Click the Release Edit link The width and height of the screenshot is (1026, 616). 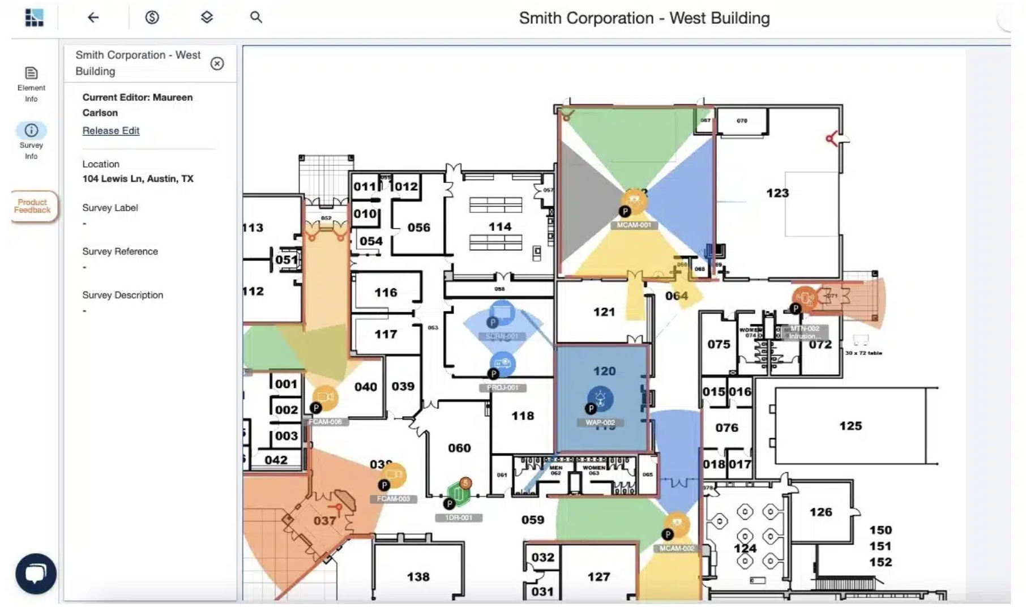pos(111,131)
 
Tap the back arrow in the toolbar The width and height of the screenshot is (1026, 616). pos(93,18)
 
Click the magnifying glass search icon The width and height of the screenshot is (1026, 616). pos(256,18)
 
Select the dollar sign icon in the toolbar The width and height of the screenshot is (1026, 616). pos(152,18)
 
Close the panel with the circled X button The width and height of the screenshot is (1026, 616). pos(217,63)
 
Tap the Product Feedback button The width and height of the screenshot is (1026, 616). pos(33,206)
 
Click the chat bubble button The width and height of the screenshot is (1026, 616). pos(36,573)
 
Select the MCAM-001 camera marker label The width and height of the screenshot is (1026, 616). pos(634,225)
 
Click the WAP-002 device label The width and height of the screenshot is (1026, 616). pos(600,423)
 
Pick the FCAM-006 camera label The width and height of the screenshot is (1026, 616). pos(325,422)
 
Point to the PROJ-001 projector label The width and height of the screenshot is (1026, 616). pos(503,388)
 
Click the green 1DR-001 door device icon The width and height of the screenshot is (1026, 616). pos(458,495)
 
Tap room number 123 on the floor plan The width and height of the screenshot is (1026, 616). pos(777,193)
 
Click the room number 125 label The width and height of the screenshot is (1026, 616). pos(850,426)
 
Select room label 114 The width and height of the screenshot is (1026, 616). pos(500,226)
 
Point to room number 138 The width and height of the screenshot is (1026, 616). pos(418,577)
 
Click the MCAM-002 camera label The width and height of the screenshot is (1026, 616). pos(677,549)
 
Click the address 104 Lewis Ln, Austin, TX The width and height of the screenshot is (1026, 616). pos(138,179)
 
